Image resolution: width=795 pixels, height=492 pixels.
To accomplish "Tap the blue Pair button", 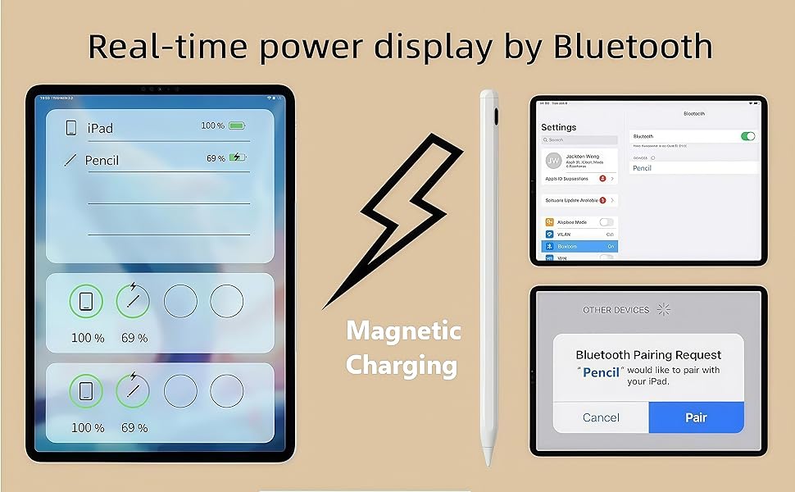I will coord(696,417).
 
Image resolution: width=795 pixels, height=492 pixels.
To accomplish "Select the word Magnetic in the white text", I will coord(404,331).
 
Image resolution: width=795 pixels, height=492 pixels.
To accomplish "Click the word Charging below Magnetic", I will coord(402,365).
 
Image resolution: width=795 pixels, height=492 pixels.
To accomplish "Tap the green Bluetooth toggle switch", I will coord(747,136).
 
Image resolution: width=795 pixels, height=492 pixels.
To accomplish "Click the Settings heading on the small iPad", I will coord(559,128).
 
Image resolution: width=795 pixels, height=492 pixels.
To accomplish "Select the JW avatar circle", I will coord(553,161).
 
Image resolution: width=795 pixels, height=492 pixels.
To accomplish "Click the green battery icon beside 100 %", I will coord(237,125).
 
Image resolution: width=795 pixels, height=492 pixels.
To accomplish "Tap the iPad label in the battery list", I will coord(100,128).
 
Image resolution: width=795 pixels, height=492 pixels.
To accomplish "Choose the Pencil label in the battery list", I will coord(102,161).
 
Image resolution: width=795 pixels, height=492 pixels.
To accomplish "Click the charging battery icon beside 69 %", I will coord(237,157).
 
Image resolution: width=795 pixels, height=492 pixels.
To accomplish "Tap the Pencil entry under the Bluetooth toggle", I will coord(643,168).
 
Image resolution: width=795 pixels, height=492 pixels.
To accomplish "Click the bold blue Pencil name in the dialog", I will coord(602,371).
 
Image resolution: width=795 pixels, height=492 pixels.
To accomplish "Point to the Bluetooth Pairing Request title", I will coord(648,355).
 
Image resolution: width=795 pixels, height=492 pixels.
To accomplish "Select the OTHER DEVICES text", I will coord(616,310).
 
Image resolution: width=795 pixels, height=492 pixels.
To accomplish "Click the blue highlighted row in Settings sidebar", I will coord(579,246).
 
